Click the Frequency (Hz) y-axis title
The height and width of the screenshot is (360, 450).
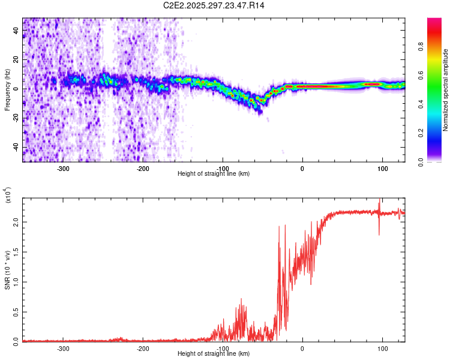tap(8, 90)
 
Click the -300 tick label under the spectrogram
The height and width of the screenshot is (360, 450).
tap(64, 168)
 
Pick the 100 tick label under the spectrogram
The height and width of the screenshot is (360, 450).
tap(382, 168)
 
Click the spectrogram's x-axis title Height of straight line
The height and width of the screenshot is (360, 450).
tap(214, 173)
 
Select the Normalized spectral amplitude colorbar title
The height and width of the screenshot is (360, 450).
tap(445, 90)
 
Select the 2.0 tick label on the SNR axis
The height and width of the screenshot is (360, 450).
tap(16, 222)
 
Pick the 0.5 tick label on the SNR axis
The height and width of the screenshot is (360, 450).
tap(16, 311)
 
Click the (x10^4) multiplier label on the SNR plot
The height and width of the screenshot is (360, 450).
tap(8, 196)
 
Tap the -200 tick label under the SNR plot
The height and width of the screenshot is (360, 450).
tap(143, 348)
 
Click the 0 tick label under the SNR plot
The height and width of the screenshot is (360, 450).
tap(302, 348)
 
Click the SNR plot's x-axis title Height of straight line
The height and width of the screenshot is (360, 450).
tap(214, 353)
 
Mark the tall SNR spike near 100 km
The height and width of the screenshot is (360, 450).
tap(379, 207)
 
